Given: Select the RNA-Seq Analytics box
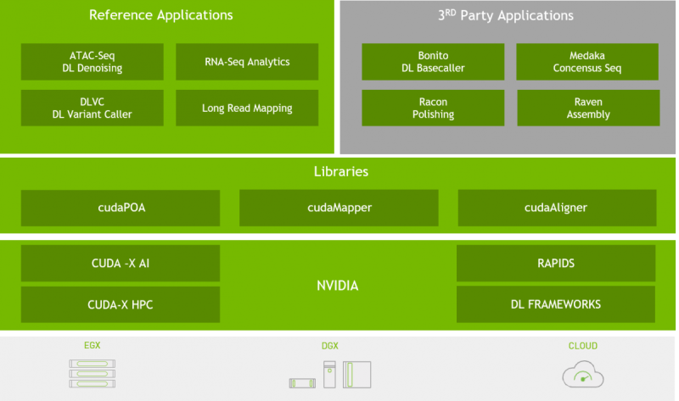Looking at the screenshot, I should click(x=247, y=62).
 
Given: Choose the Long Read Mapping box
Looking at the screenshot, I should click(x=247, y=108).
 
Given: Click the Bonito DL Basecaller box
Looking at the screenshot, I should click(x=433, y=62).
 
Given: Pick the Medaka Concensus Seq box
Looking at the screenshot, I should click(x=587, y=62).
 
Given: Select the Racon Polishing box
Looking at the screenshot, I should click(x=433, y=108).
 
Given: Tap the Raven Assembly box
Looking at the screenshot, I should click(x=587, y=108).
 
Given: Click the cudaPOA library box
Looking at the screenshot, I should click(x=121, y=207).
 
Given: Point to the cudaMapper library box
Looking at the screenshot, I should click(x=339, y=207).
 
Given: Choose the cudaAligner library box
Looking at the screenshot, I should click(x=556, y=207).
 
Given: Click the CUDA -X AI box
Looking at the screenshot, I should click(x=121, y=263).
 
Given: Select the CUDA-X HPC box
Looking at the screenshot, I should click(x=121, y=304).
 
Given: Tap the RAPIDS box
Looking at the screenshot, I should click(x=556, y=263).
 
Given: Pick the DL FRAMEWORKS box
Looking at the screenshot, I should click(x=556, y=304).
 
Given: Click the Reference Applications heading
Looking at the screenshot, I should click(x=160, y=15).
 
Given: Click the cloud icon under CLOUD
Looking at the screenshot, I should click(x=582, y=374).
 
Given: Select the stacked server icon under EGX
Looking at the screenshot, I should click(x=92, y=373).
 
